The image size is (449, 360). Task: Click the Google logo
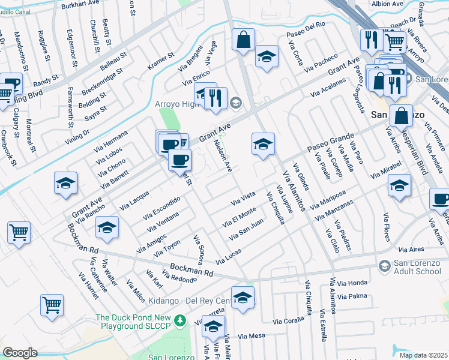click(20, 353)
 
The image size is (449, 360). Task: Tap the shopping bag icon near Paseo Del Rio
click(243, 41)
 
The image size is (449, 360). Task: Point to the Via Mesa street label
click(252, 336)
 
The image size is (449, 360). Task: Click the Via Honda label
click(352, 283)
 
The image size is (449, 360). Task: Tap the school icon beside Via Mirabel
click(399, 186)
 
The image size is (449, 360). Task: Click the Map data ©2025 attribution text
click(423, 355)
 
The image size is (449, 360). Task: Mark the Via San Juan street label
click(247, 229)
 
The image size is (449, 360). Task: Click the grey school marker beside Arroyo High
click(235, 102)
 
